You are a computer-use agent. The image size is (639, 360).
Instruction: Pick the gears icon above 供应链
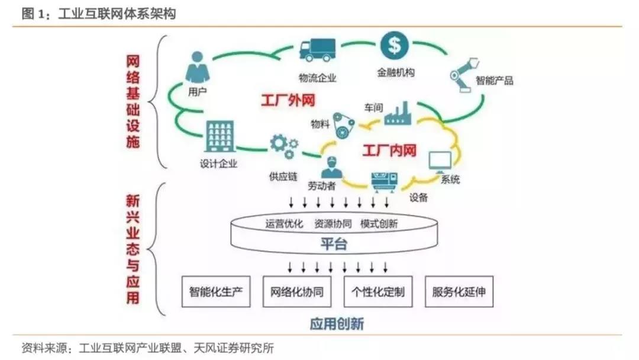point(283,146)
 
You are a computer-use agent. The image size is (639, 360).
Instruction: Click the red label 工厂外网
point(286,101)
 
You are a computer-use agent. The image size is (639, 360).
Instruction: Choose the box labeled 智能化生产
point(216,292)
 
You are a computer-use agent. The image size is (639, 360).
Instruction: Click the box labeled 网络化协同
point(297,292)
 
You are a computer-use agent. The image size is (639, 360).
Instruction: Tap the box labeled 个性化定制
point(378,292)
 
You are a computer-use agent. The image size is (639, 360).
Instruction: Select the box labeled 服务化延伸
point(459,292)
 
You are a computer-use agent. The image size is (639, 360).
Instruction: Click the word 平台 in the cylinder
point(334,244)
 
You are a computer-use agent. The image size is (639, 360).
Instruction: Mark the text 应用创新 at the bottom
point(336,324)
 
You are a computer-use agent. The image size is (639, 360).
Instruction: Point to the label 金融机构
point(395,73)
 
